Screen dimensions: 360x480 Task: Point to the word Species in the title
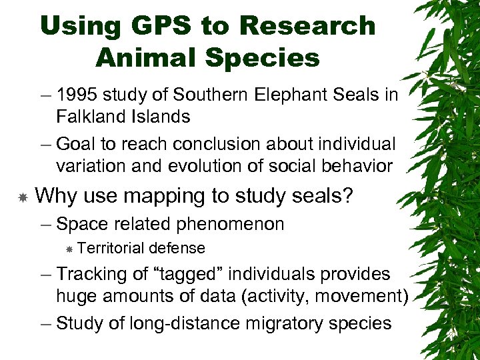tap(264, 57)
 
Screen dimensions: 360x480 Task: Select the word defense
tap(177, 248)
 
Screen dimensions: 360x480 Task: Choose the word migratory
tap(287, 324)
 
